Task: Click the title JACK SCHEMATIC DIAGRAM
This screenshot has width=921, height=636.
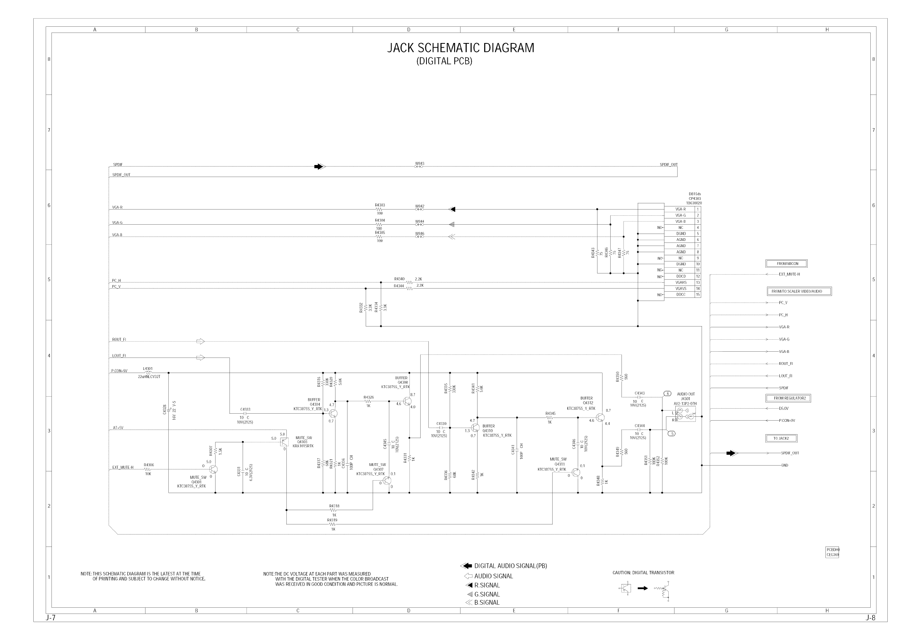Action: [x=460, y=48]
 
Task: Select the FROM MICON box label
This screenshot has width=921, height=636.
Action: [x=787, y=263]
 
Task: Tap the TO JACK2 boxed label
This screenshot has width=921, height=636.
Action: [x=781, y=438]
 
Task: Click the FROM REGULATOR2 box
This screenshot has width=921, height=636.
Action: [x=787, y=398]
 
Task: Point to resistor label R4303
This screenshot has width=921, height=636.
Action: [x=380, y=205]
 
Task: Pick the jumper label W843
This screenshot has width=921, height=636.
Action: [x=419, y=163]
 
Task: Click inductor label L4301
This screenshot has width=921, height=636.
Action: [x=148, y=369]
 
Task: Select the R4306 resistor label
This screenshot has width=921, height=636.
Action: [x=149, y=465]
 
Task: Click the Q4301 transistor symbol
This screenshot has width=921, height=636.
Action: [x=213, y=469]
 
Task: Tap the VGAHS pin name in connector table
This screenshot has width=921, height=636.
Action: [x=681, y=282]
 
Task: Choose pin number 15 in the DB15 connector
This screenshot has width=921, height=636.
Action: [x=698, y=295]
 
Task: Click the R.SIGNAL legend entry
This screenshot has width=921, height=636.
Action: [x=486, y=585]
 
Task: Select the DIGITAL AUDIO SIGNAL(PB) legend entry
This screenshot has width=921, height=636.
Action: [x=510, y=566]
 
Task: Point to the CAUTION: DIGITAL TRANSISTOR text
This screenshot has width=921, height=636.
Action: [x=643, y=572]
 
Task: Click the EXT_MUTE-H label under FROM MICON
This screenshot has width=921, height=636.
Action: [x=789, y=274]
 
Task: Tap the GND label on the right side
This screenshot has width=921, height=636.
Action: [x=784, y=465]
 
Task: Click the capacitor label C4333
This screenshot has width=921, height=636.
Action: [x=245, y=409]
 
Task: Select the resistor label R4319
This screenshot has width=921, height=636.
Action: [x=332, y=520]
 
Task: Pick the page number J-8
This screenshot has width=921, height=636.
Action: [x=870, y=618]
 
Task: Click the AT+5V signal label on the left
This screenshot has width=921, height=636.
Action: [x=118, y=428]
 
